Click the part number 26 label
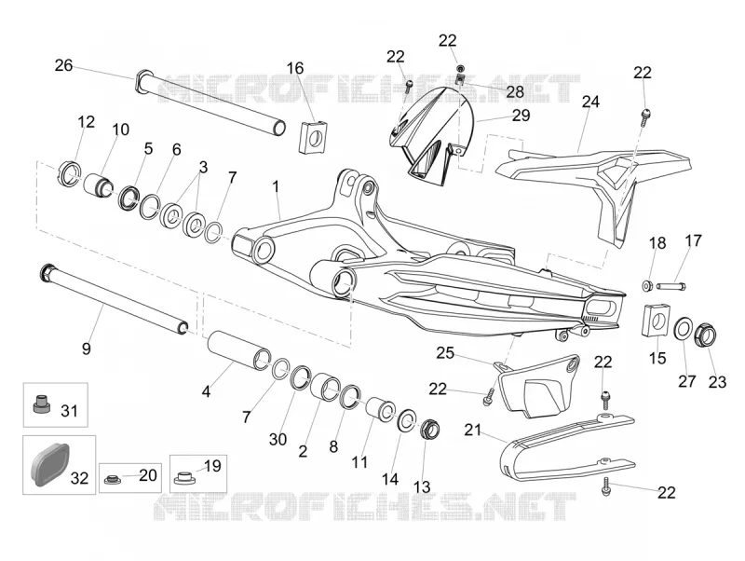[x=63, y=65]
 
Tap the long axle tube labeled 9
[x=115, y=299]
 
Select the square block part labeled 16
[x=313, y=137]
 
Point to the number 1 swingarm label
[x=276, y=186]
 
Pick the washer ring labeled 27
[x=684, y=329]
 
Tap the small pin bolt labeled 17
[x=670, y=286]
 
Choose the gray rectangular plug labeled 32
[x=50, y=461]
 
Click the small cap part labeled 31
[x=41, y=404]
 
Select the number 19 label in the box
[x=212, y=466]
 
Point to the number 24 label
[x=590, y=102]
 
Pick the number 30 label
[x=278, y=439]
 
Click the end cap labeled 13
[x=429, y=430]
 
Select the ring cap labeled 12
[x=71, y=174]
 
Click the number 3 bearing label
[x=203, y=168]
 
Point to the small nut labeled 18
[x=646, y=286]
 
